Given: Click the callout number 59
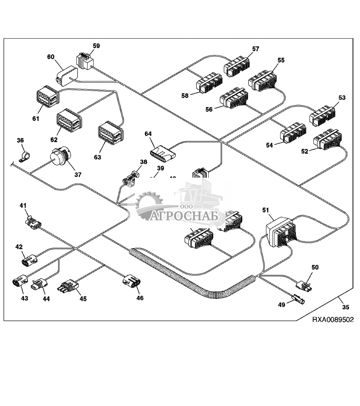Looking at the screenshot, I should [96, 46].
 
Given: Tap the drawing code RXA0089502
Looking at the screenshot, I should [333, 320].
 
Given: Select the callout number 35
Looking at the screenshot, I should [345, 307].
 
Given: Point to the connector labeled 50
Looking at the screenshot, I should [305, 285].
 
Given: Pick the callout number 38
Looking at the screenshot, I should [143, 162].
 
